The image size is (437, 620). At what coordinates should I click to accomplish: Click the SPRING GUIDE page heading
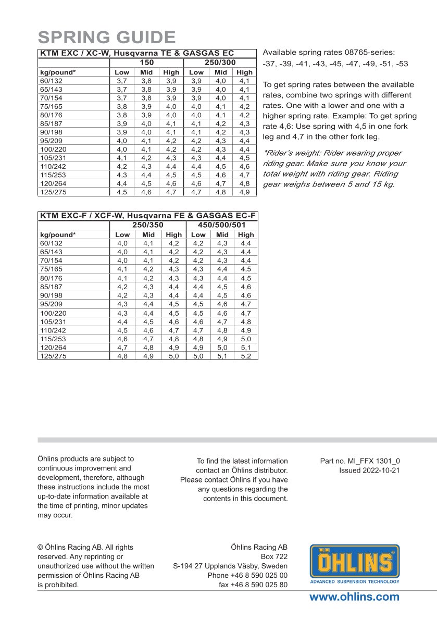107,38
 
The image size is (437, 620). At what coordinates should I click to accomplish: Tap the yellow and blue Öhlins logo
355,564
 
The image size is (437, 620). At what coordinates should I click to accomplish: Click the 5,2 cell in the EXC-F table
246,356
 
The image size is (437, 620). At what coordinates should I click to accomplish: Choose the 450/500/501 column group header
221,225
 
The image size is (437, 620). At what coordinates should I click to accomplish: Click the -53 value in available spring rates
401,64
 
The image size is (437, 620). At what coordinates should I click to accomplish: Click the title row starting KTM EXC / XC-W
137,53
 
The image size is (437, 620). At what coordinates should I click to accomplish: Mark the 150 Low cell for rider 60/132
121,81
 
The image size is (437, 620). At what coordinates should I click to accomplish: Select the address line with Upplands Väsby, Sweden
230,566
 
